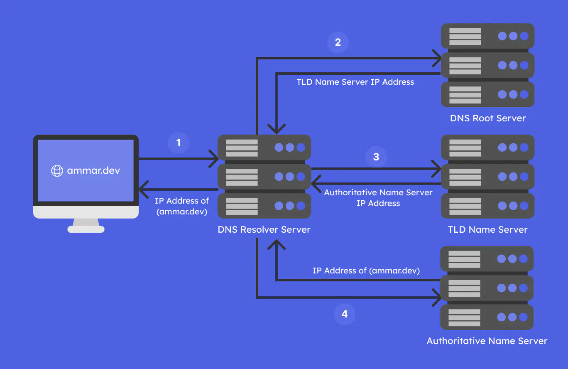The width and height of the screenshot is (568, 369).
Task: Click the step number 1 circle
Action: (x=179, y=143)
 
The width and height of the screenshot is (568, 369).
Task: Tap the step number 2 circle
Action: (x=338, y=42)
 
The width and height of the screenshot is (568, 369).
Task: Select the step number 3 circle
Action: (x=376, y=157)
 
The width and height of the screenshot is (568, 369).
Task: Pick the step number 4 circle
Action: (x=345, y=314)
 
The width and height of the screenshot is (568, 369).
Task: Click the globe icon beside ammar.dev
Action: (x=57, y=170)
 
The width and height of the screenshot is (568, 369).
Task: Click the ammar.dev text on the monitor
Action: (x=93, y=170)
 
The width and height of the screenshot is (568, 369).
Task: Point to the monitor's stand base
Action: (x=86, y=229)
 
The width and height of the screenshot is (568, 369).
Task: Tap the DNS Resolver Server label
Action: (x=264, y=229)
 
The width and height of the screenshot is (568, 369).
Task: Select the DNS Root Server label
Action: (x=488, y=118)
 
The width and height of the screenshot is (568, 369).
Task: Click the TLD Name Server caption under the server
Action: (x=488, y=229)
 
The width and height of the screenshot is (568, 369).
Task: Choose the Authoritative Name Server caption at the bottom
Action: (x=487, y=341)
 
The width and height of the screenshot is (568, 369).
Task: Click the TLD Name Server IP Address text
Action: (x=355, y=82)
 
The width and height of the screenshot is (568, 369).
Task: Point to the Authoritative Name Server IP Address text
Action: (x=378, y=198)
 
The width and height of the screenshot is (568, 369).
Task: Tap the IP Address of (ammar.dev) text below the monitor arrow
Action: (x=182, y=206)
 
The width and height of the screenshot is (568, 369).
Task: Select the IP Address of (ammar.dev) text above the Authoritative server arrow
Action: (x=366, y=271)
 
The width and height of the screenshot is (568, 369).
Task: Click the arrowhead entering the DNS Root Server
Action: (x=437, y=58)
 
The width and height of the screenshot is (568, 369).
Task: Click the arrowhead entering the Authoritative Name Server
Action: (x=437, y=297)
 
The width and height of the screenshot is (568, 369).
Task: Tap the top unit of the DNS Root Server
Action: (x=487, y=36)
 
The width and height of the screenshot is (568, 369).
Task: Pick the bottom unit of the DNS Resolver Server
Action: (x=264, y=206)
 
